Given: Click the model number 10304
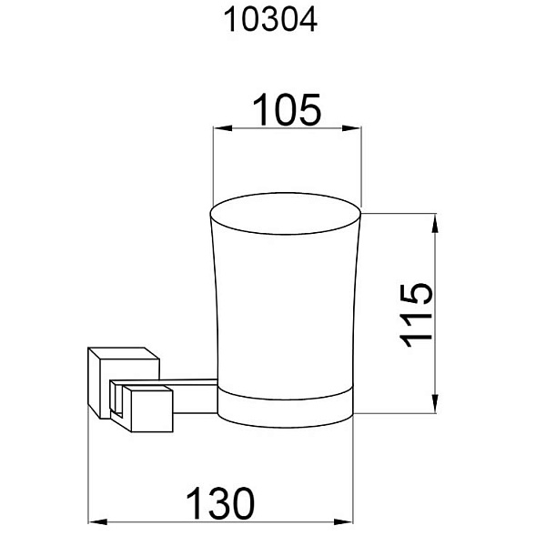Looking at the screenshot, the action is [270, 20].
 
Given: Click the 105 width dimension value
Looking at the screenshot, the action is [287, 110].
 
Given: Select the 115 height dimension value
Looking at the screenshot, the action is [416, 315].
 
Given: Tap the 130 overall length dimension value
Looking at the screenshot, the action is [220, 503].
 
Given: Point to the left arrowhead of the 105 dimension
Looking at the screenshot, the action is [223, 128].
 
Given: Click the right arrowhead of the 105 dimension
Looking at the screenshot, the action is [351, 128].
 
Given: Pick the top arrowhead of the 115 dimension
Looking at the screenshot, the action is [435, 223].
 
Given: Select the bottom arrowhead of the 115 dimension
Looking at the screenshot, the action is [435, 404].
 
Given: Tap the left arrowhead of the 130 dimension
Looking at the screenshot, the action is [97, 522].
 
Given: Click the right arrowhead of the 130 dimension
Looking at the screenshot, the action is [343, 522].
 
